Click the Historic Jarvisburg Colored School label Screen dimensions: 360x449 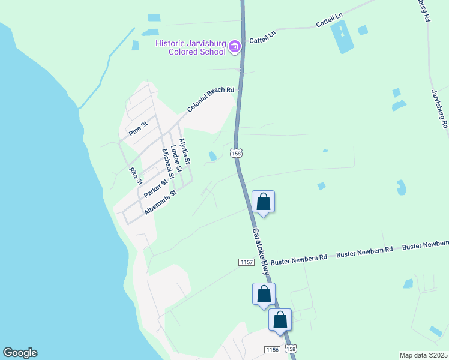(190, 47)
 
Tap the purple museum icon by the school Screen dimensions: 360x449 (235, 47)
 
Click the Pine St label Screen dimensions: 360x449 (139, 128)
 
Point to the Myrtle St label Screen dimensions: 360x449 (185, 152)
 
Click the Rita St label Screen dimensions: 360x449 (136, 176)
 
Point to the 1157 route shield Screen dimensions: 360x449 (246, 262)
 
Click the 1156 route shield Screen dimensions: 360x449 (272, 349)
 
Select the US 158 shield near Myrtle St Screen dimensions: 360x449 (236, 154)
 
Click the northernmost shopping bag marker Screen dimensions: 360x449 (263, 202)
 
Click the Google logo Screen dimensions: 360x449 (20, 353)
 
